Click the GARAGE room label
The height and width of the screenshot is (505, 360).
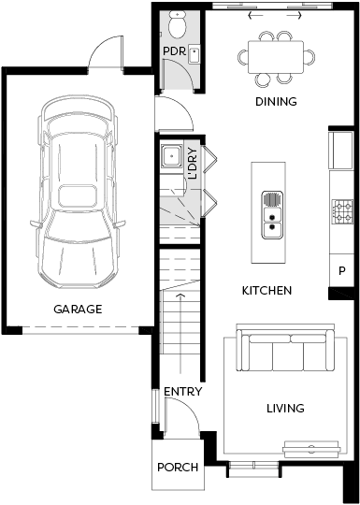pyautogui.click(x=78, y=310)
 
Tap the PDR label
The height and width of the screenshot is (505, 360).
pyautogui.click(x=174, y=51)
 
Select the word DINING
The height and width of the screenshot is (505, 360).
pyautogui.click(x=276, y=102)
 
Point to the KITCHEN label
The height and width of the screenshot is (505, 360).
pyautogui.click(x=266, y=291)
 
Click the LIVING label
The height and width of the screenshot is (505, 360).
pyautogui.click(x=285, y=409)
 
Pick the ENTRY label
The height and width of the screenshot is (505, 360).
pyautogui.click(x=183, y=392)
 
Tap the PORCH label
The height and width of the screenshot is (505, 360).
pyautogui.click(x=178, y=468)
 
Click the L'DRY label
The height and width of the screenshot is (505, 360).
pyautogui.click(x=193, y=164)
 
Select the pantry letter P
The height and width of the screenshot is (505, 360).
pyautogui.click(x=342, y=271)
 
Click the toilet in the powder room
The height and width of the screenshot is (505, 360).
pyautogui.click(x=177, y=24)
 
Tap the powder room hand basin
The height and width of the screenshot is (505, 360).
pyautogui.click(x=194, y=55)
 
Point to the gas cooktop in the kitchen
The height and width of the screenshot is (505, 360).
pyautogui.click(x=342, y=211)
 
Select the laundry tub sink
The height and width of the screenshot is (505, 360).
pyautogui.click(x=172, y=156)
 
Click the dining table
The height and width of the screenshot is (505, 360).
pyautogui.click(x=276, y=57)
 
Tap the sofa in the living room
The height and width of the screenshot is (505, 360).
pyautogui.click(x=285, y=350)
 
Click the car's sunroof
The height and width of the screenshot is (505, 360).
pyautogui.click(x=78, y=196)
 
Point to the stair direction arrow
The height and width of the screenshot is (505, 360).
pyautogui.click(x=180, y=333)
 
